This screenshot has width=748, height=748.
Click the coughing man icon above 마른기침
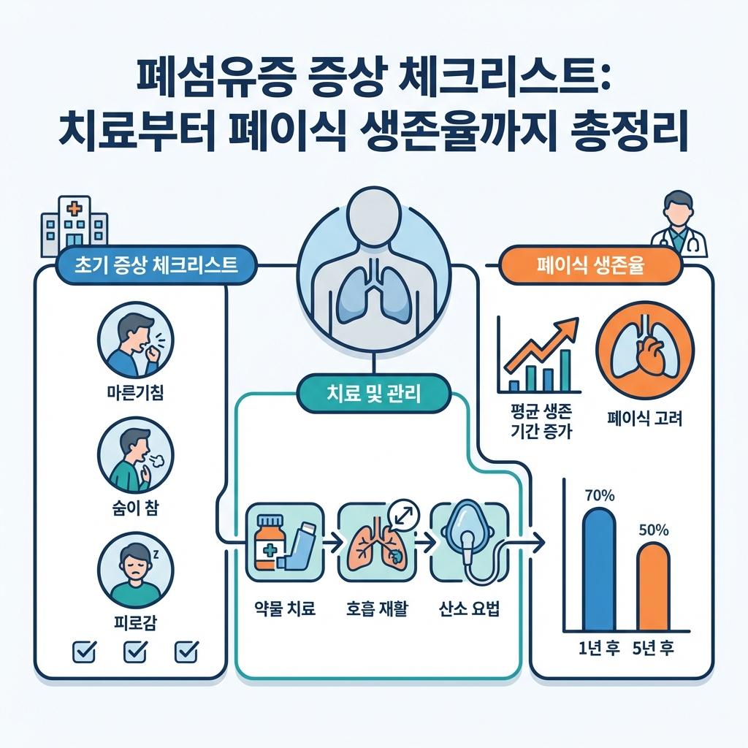coord(135,339)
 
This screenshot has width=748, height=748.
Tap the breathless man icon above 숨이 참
coord(135,456)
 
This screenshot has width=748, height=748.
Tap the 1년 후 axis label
coord(594,647)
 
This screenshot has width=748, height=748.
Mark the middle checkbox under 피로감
coord(135,649)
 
